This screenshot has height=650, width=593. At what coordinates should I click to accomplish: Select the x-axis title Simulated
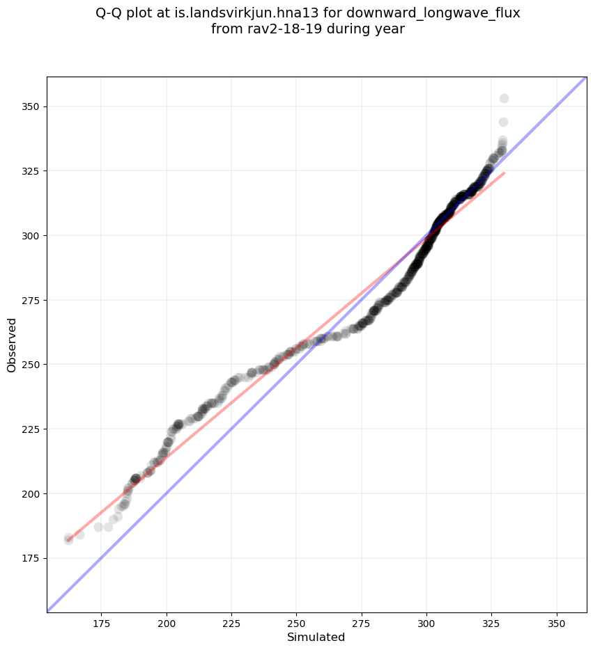316,637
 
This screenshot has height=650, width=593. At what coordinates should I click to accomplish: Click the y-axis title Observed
12,344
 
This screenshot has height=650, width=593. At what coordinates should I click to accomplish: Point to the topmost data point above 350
504,98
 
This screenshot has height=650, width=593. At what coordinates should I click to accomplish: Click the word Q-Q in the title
109,13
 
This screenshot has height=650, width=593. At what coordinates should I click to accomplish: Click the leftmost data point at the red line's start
68,539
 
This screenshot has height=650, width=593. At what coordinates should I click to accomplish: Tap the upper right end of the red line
504,173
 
